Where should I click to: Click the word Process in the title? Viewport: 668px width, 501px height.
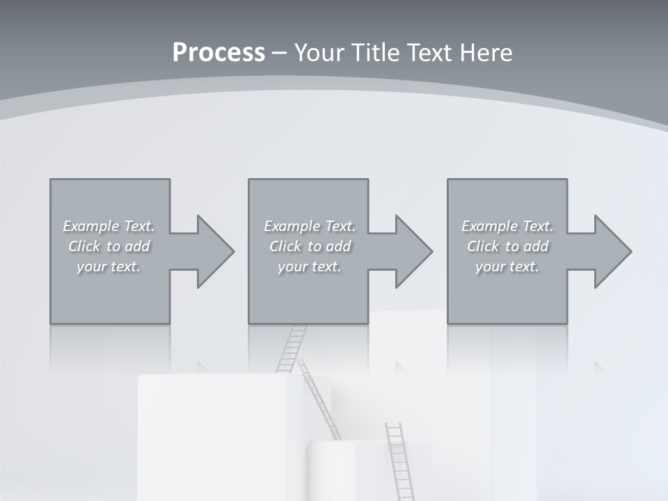[x=218, y=53]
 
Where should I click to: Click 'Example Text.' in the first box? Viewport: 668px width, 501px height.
[x=109, y=226]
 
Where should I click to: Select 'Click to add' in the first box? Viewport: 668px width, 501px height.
[x=109, y=246]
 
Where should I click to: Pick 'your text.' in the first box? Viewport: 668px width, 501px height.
[x=109, y=267]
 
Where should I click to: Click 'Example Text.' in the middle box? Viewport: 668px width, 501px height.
[x=309, y=226]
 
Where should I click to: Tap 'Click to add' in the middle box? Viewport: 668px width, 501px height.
[x=309, y=246]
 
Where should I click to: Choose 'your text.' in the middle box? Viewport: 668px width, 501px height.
[x=309, y=267]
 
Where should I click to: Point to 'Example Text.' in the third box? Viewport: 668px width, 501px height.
[x=507, y=226]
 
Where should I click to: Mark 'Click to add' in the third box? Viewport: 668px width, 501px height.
[x=507, y=246]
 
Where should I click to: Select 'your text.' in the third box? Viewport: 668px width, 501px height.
[x=507, y=267]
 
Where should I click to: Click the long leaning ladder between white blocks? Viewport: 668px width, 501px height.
[x=321, y=400]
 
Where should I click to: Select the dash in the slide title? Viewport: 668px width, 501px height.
[x=279, y=53]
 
